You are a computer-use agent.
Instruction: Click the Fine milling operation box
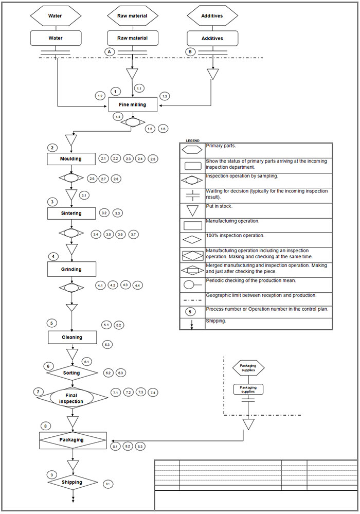coord(133,104)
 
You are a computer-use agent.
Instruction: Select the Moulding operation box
coord(71,158)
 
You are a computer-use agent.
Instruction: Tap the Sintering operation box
coord(71,212)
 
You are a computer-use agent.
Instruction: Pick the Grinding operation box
coord(71,269)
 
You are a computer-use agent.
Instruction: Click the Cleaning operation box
coord(72,337)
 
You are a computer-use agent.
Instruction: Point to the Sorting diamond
coord(71,372)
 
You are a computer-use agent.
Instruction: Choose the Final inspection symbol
coord(71,398)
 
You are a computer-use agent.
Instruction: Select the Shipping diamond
coord(73,482)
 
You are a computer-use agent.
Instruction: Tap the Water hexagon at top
coord(55,16)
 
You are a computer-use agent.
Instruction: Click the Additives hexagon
coord(212,16)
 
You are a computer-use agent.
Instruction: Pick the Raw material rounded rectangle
coord(133,38)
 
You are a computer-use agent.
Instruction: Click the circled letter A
coord(109,51)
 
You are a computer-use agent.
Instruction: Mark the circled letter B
coord(190,51)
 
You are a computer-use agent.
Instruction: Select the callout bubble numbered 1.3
coord(165,96)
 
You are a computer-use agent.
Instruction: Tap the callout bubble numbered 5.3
coord(107,344)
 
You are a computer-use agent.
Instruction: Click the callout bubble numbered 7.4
coord(153,393)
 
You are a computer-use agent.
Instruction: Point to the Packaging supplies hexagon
coord(248,368)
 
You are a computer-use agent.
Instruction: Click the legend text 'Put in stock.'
coord(219,207)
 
